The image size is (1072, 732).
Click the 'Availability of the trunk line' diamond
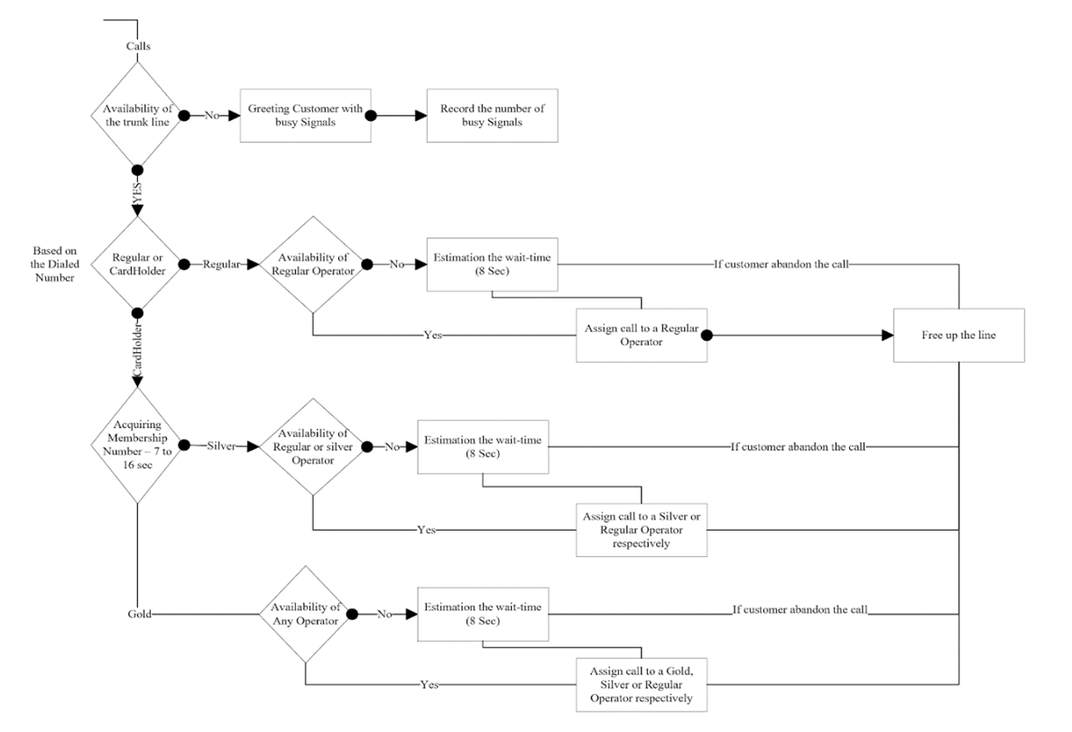[x=137, y=116]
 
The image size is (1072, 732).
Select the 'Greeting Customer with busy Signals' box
[x=306, y=116]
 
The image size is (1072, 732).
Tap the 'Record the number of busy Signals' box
[x=493, y=116]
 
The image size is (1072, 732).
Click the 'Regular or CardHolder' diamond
[x=137, y=264]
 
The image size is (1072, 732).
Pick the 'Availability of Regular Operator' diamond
[x=312, y=264]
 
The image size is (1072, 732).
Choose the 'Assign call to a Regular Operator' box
[x=642, y=335]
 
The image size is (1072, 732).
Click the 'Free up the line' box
[x=958, y=335]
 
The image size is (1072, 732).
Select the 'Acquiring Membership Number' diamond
[x=137, y=445]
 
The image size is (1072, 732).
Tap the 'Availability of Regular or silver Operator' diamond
[x=312, y=446]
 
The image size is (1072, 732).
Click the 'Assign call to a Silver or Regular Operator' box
[x=642, y=530]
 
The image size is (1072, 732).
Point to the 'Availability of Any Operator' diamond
[x=307, y=614]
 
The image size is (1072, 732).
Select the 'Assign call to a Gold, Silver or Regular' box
[x=642, y=685]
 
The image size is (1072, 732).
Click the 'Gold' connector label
[x=139, y=614]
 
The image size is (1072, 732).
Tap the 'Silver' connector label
[x=222, y=446]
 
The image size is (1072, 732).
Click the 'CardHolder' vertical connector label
[x=137, y=357]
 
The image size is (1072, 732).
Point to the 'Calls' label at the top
[x=138, y=46]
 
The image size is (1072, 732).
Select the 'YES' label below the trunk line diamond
[x=137, y=192]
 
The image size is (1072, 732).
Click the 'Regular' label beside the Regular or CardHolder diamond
[x=221, y=264]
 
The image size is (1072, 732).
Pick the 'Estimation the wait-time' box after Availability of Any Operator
[x=483, y=614]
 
